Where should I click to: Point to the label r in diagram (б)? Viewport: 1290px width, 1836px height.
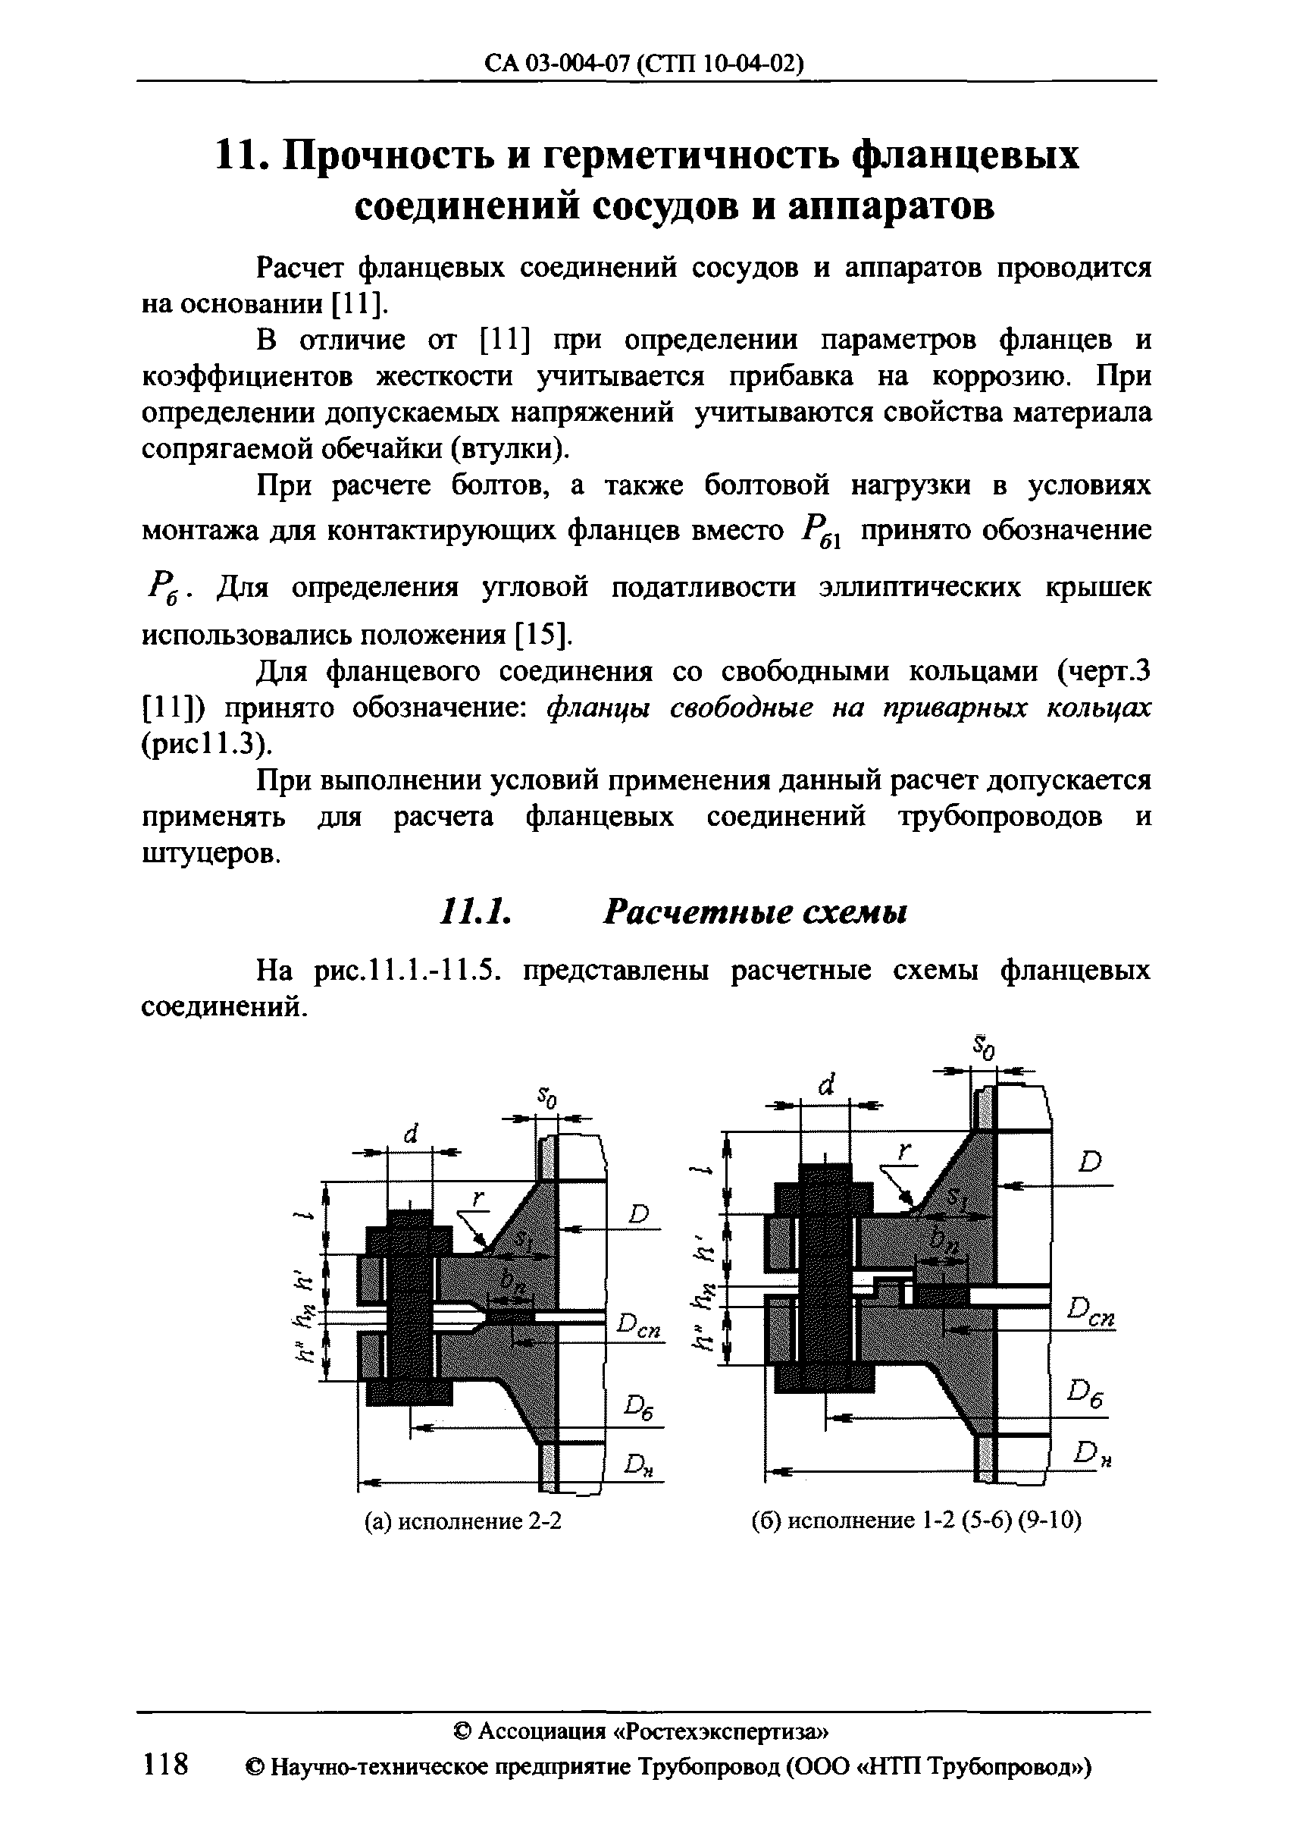pyautogui.click(x=904, y=1151)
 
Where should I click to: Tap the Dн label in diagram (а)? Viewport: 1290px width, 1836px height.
pyautogui.click(x=640, y=1463)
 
